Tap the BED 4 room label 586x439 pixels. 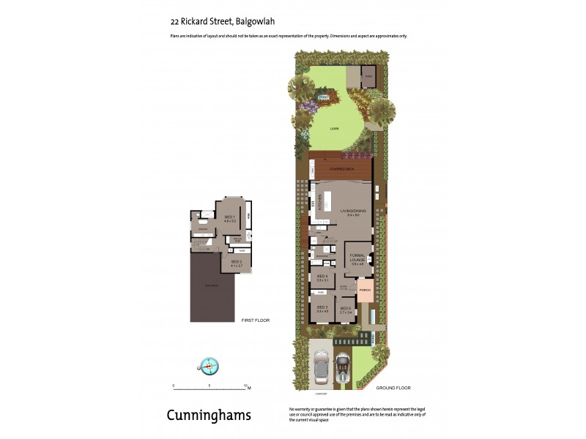[322, 277]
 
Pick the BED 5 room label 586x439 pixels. [346, 309]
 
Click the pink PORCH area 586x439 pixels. [365, 290]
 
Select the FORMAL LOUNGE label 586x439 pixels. [357, 259]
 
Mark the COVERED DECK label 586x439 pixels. [341, 168]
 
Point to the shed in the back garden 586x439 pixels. [368, 76]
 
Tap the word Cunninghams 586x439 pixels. [209, 416]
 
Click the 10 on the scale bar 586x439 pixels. [245, 385]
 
